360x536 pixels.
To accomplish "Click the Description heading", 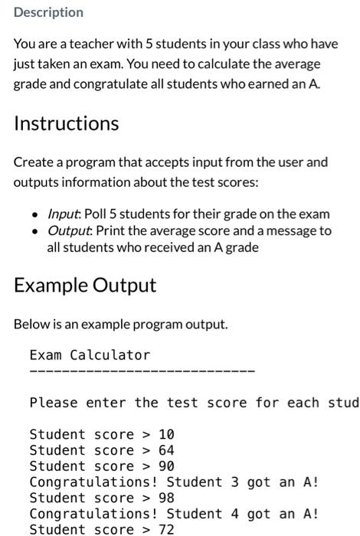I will [x=48, y=12].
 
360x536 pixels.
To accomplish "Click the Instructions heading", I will [x=66, y=123].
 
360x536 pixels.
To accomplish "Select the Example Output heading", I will [x=85, y=285].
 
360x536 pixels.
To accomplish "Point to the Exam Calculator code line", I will [x=90, y=355].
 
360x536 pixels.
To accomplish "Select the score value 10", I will [x=166, y=434].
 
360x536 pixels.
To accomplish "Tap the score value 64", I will [x=166, y=450].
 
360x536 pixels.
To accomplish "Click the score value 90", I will [x=166, y=466].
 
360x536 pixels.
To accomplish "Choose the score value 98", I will [x=166, y=498].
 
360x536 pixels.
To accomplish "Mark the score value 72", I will [x=166, y=529].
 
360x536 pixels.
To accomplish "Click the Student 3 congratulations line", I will [x=174, y=482].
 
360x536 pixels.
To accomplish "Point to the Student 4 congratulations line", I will [x=174, y=514].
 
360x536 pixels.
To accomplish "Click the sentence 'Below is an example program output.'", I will [x=120, y=324].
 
